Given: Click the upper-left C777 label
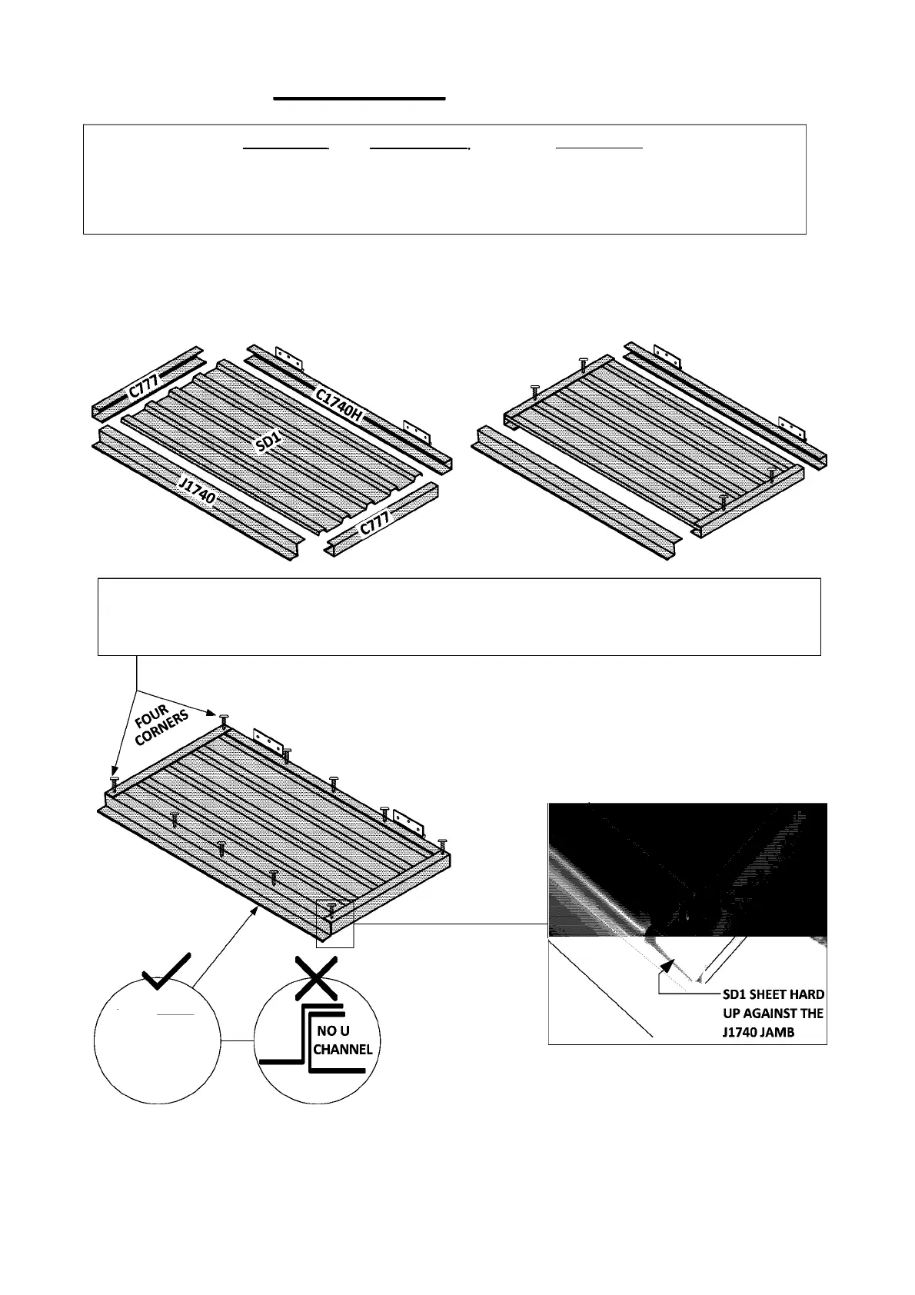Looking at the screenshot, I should tap(144, 382).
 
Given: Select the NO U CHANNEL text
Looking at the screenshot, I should tap(342, 1040).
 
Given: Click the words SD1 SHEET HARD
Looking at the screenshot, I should tap(773, 994).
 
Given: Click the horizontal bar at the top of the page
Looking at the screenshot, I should tap(360, 98).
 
